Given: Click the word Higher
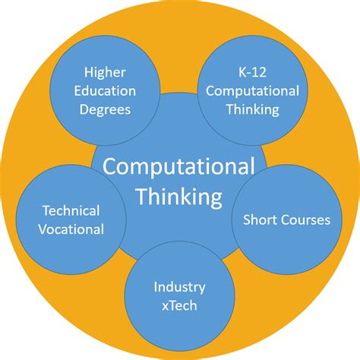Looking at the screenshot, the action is point(105,72).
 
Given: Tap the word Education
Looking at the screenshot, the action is point(105,91).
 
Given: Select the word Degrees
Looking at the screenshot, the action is point(105,110).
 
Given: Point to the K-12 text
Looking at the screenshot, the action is point(252,72).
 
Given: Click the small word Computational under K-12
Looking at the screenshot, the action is point(252,91).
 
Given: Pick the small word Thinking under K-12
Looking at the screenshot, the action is point(253,110).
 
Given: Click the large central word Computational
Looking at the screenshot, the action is point(178,167).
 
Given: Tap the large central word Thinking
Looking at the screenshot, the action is point(179,197).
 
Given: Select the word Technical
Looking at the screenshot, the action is point(71,210).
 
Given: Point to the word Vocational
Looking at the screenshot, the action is point(71,229).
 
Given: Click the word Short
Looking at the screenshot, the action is point(259,219).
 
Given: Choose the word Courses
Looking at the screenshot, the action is point(305,219).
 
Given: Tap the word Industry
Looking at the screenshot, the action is point(179,288).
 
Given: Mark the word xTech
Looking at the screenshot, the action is point(179,305).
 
